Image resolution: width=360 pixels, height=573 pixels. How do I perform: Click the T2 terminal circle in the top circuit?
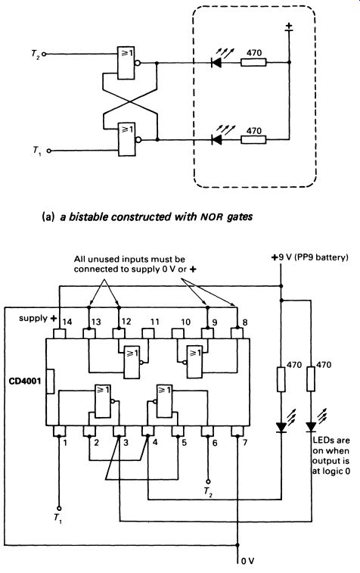coord(44,54)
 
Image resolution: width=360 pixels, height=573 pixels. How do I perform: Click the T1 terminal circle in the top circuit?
coord(48,151)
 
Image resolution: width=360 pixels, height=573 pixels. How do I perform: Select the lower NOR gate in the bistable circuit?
coord(129,139)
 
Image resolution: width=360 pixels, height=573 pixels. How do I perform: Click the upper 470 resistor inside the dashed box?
coord(253,63)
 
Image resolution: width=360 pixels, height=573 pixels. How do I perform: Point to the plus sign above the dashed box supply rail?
coord(289,26)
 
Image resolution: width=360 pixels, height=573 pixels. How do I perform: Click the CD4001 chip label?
coord(25,381)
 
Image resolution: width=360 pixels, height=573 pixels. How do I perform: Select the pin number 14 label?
coord(67,322)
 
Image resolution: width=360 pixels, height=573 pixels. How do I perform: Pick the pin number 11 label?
coord(155,322)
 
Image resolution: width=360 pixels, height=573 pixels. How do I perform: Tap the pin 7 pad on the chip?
coord(237,431)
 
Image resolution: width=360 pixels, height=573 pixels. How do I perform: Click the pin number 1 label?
coord(65,443)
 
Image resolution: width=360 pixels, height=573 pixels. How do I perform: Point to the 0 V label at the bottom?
coord(247,561)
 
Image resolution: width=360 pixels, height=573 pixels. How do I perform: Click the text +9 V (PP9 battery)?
coord(309,257)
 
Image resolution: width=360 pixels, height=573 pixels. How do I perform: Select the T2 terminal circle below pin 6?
coord(208,481)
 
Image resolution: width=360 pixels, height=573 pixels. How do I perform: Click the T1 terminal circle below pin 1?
coord(59,509)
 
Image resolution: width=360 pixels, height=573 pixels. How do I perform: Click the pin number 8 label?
coord(245,322)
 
